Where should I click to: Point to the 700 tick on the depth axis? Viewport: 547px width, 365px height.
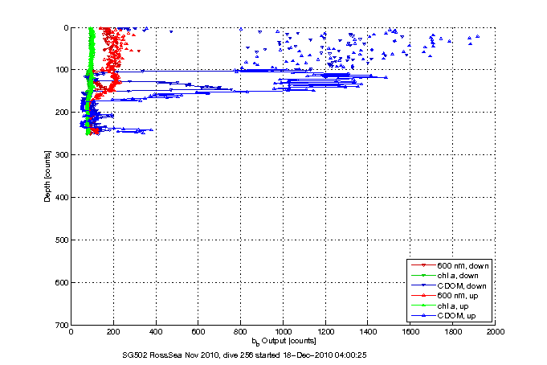[x=61, y=325]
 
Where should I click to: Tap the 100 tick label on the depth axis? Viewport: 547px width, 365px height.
[x=61, y=70]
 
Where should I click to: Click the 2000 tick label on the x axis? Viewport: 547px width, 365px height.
[x=495, y=331]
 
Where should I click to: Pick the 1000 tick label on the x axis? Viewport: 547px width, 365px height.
[x=283, y=331]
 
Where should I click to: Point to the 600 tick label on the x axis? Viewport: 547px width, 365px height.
[x=198, y=331]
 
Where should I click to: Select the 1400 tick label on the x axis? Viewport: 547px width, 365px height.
[x=368, y=331]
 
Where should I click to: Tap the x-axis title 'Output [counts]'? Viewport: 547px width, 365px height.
[x=288, y=341]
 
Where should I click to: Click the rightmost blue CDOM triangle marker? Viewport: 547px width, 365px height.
[x=480, y=36]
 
